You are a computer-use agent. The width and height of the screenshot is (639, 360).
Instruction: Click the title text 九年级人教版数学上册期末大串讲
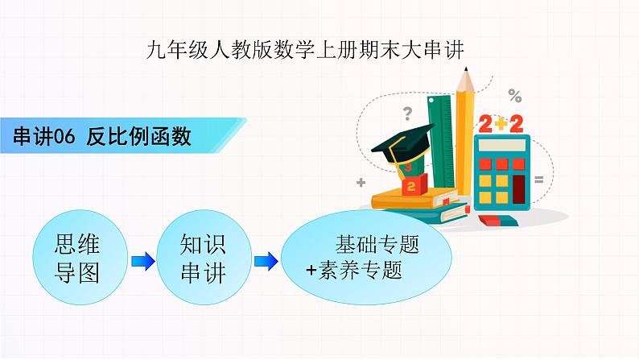pyautogui.click(x=307, y=49)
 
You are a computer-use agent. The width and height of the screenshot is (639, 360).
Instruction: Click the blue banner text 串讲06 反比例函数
pyautogui.click(x=102, y=137)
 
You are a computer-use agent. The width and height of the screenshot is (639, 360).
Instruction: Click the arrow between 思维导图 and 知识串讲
pyautogui.click(x=142, y=260)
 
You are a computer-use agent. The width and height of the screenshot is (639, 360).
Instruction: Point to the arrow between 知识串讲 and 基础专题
pyautogui.click(x=266, y=260)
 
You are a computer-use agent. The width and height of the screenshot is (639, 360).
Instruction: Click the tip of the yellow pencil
pyautogui.click(x=464, y=76)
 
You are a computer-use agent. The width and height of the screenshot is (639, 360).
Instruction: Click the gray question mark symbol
pyautogui.click(x=408, y=114)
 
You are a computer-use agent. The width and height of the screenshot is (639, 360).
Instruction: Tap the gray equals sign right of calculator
pyautogui.click(x=538, y=178)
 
